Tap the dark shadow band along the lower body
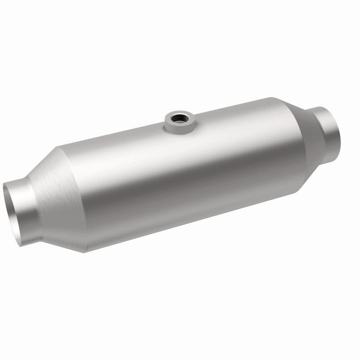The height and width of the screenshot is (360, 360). (189, 211)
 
